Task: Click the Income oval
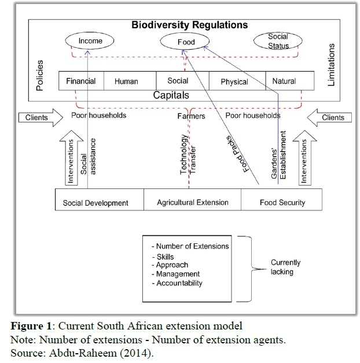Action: pyautogui.click(x=90, y=41)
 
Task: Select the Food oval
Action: pyautogui.click(x=186, y=42)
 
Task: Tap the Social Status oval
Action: pyautogui.click(x=277, y=41)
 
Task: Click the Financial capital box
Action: pyautogui.click(x=81, y=82)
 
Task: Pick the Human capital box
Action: pyautogui.click(x=126, y=82)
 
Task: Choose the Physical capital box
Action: pyautogui.click(x=234, y=82)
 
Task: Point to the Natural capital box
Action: pyautogui.click(x=284, y=82)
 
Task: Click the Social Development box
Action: pyautogui.click(x=95, y=203)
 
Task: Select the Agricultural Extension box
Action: pyautogui.click(x=193, y=203)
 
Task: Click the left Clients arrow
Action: pyautogui.click(x=43, y=117)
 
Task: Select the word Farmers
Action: pyautogui.click(x=191, y=116)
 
